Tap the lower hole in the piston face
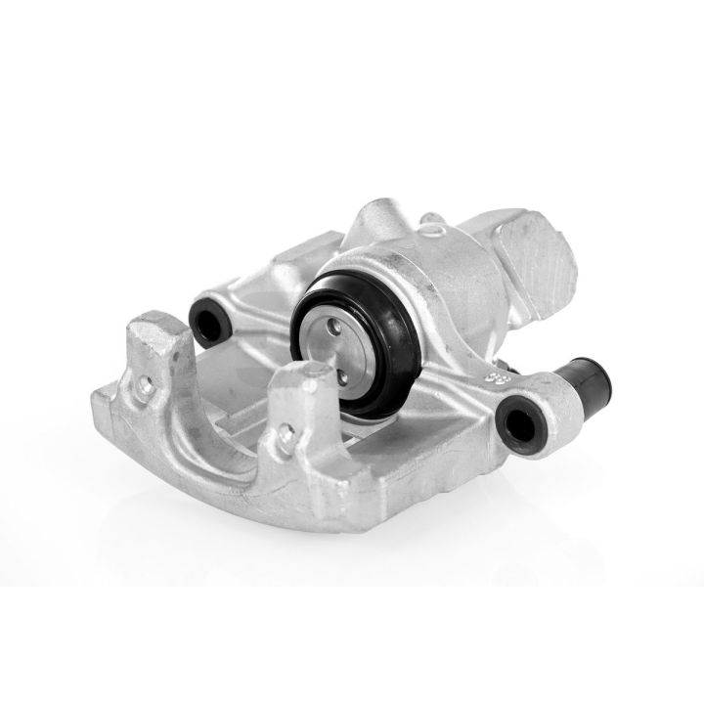[345, 370]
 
